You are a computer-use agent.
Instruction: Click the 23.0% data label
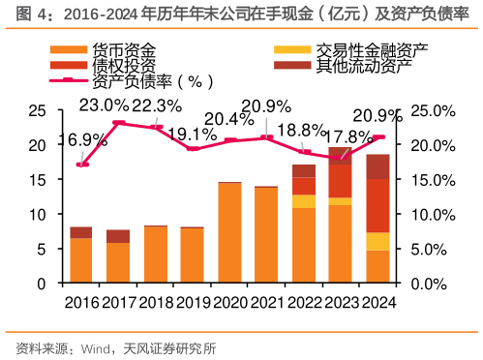click(x=104, y=105)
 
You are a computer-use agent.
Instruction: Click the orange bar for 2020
click(x=229, y=233)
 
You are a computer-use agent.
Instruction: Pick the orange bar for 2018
click(x=155, y=255)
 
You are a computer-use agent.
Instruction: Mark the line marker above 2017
click(x=118, y=123)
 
